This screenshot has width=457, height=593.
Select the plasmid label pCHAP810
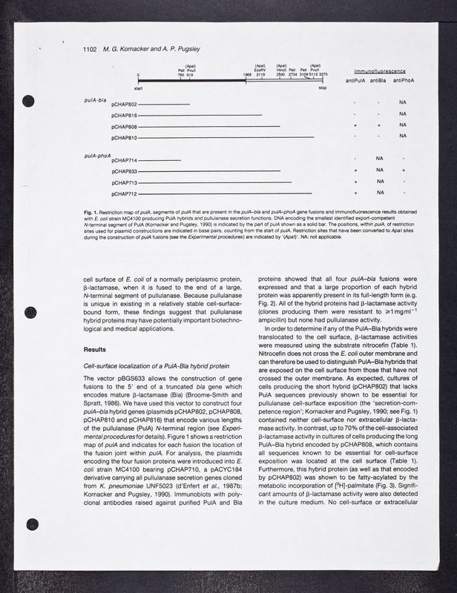click(x=124, y=137)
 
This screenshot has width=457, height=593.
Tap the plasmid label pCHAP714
click(x=124, y=160)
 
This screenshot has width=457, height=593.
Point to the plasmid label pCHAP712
click(x=124, y=193)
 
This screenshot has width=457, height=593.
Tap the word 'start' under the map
click(x=139, y=88)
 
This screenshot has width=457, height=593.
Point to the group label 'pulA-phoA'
click(x=97, y=155)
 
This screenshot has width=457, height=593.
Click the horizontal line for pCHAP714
click(x=160, y=160)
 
